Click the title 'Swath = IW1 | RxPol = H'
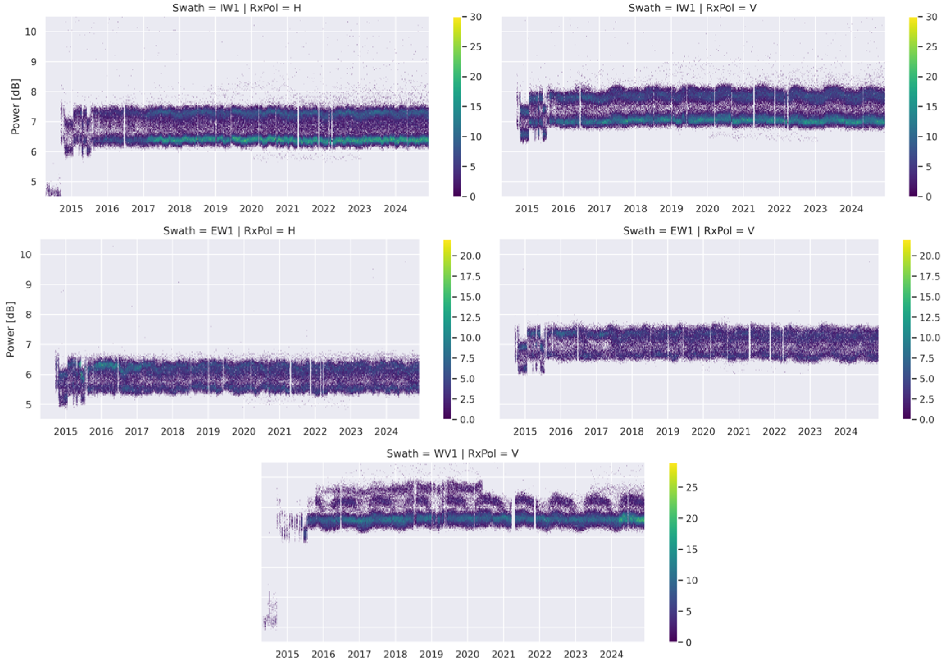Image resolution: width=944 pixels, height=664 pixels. tap(237, 8)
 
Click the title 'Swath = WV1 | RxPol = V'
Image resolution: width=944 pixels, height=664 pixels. tap(452, 454)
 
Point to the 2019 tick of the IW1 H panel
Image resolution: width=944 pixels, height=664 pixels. tap(215, 209)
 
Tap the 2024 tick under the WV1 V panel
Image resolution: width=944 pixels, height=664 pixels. tap(611, 655)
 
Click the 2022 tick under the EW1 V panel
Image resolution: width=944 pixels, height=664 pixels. tap(774, 432)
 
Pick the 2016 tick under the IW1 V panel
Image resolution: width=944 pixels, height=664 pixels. tap(563, 209)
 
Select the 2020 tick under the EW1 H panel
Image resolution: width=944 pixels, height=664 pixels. tap(244, 432)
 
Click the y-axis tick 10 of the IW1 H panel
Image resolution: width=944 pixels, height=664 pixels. tap(30, 32)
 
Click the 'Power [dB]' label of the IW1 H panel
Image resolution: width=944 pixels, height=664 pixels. tap(15, 106)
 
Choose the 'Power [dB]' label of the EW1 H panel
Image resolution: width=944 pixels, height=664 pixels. tap(10, 329)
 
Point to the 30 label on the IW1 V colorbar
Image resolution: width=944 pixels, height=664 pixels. tap(932, 17)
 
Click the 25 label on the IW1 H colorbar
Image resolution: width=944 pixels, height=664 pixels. tap(476, 47)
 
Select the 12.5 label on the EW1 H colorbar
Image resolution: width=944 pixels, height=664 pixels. tap(470, 318)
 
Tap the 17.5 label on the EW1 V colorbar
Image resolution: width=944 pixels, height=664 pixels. tap(929, 277)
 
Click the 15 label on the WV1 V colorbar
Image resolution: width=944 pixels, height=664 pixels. tap(691, 549)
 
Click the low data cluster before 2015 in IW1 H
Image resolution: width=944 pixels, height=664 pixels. tap(52, 190)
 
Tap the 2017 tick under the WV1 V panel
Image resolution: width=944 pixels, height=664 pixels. tap(359, 655)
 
